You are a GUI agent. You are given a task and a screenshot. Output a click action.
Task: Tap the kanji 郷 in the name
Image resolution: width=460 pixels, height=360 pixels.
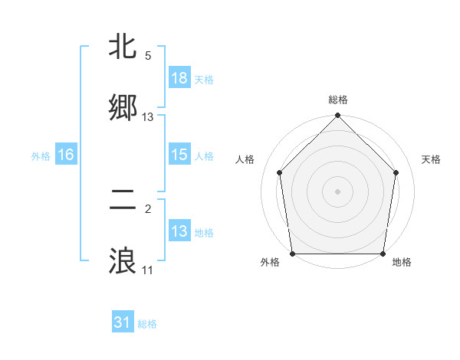point(123,108)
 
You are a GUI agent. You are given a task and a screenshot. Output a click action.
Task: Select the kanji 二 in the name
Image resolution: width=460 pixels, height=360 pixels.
point(123,200)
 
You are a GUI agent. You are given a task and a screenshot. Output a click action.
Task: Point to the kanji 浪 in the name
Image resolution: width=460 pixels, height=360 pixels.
point(123,261)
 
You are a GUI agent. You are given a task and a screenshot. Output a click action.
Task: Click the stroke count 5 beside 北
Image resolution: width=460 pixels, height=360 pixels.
point(148,55)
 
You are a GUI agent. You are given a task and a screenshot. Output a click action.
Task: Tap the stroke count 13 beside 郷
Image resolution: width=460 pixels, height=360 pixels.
point(148,116)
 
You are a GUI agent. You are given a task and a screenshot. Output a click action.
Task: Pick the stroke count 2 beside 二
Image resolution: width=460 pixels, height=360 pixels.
point(148,208)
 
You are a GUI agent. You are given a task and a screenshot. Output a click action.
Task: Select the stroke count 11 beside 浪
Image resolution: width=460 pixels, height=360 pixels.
point(148,270)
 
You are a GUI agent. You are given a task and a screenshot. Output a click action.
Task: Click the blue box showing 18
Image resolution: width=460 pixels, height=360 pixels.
point(179,78)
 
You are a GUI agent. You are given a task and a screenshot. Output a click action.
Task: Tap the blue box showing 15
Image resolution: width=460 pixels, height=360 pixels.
point(179,155)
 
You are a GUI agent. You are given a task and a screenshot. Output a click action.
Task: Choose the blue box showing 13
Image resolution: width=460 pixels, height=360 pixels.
point(179,231)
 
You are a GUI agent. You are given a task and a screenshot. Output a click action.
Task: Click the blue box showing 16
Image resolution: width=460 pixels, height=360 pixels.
point(66,155)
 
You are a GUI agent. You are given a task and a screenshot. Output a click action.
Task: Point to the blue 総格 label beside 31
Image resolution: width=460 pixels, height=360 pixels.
point(147,324)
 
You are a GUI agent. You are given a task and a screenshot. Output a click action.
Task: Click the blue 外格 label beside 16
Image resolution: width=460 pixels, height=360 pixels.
point(41,155)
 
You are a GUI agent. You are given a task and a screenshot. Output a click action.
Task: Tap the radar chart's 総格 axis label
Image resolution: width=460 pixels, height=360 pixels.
point(338,100)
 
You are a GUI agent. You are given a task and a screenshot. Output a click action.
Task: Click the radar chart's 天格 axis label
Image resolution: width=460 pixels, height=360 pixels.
point(432,159)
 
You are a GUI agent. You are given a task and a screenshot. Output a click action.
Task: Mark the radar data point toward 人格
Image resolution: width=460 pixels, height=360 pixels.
point(280,172)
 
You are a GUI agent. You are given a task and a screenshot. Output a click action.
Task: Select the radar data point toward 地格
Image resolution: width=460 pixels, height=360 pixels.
point(383,254)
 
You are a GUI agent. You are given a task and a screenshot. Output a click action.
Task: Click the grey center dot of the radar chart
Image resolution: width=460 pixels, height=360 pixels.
point(338,191)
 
